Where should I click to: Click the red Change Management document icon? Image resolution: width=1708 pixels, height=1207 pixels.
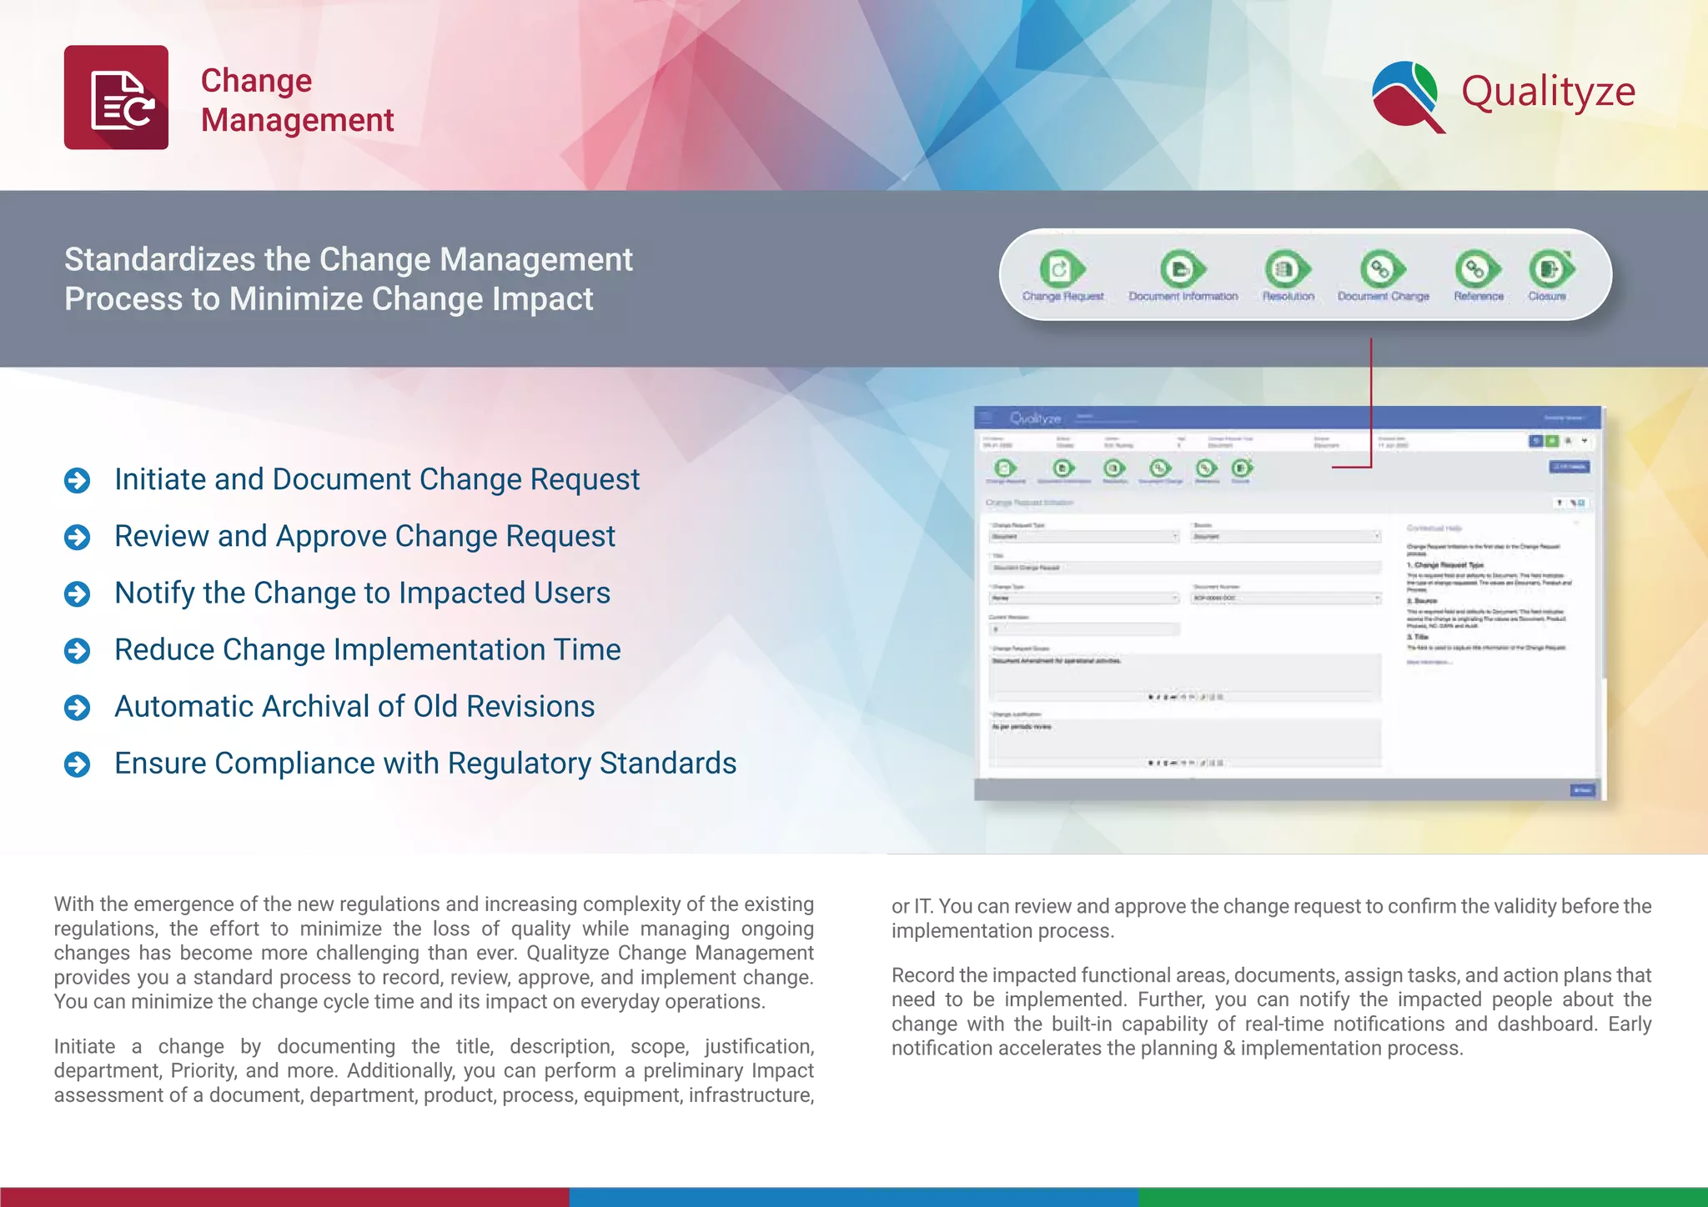click(116, 98)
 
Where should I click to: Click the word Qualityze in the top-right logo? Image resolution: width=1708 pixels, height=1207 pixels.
click(1548, 92)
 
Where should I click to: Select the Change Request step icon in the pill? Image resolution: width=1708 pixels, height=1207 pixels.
click(1061, 268)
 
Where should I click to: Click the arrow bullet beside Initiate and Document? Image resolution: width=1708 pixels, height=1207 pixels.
click(78, 480)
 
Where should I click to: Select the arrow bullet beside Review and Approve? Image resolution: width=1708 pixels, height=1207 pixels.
click(78, 537)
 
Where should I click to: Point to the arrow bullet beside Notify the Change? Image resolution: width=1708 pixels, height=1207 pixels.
click(78, 593)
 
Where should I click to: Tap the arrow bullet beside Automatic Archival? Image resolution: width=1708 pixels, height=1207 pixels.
click(78, 708)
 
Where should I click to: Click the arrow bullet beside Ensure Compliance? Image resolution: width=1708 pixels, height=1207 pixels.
click(78, 764)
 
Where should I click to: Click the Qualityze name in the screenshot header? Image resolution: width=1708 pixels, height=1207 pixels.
click(1035, 418)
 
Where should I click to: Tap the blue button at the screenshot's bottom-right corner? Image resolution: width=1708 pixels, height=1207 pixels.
click(1581, 790)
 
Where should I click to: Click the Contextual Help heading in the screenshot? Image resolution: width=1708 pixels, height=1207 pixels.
click(1434, 528)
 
